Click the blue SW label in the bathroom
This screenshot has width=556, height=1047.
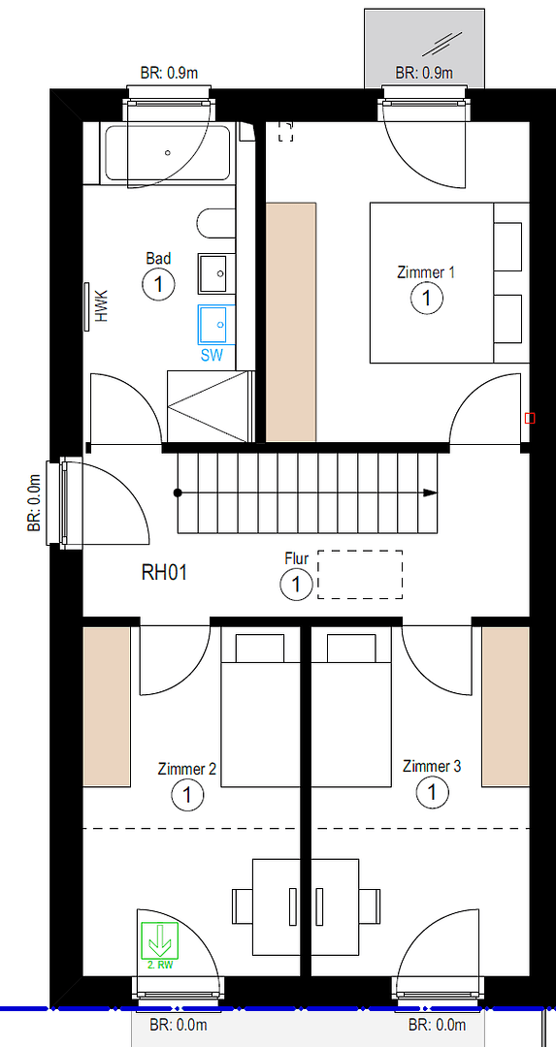tap(212, 355)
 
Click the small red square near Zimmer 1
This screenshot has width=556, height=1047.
tap(530, 418)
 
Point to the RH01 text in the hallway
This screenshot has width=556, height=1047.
tap(164, 572)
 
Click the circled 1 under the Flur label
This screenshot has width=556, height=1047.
tap(296, 585)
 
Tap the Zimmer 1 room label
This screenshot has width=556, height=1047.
tap(426, 272)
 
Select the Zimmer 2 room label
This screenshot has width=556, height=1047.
tap(186, 770)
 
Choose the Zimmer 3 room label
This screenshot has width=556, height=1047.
tap(432, 767)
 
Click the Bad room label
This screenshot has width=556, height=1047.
tap(158, 258)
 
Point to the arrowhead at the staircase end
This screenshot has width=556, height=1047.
tap(430, 493)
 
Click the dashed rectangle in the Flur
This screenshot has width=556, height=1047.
tap(360, 575)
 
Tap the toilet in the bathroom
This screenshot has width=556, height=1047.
tap(216, 225)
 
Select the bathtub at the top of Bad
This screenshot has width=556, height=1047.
tap(167, 154)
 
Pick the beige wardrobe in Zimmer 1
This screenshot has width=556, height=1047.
tap(291, 322)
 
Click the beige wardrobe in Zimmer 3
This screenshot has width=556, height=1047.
tap(506, 707)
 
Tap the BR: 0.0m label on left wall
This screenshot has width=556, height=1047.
tap(34, 503)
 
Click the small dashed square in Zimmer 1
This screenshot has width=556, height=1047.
tap(285, 132)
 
